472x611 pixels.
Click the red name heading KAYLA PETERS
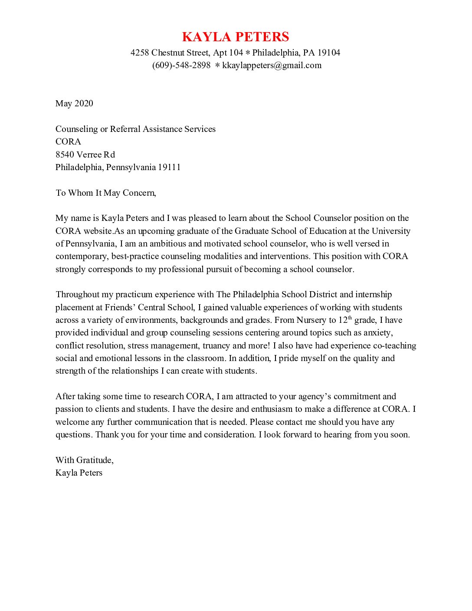(x=236, y=37)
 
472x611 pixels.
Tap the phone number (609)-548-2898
(x=181, y=66)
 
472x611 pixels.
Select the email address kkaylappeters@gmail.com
(x=272, y=66)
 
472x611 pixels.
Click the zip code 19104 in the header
(x=329, y=53)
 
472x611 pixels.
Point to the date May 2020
(x=74, y=103)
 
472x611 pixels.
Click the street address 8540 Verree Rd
(x=85, y=154)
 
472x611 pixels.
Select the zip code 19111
(x=169, y=167)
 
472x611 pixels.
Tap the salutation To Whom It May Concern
(x=105, y=193)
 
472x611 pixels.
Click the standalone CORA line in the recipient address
(x=68, y=141)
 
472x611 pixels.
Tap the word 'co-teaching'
(x=394, y=346)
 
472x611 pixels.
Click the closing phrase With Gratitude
(x=84, y=460)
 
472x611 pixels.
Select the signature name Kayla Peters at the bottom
(x=79, y=473)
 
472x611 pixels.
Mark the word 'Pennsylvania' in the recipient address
(x=131, y=167)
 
